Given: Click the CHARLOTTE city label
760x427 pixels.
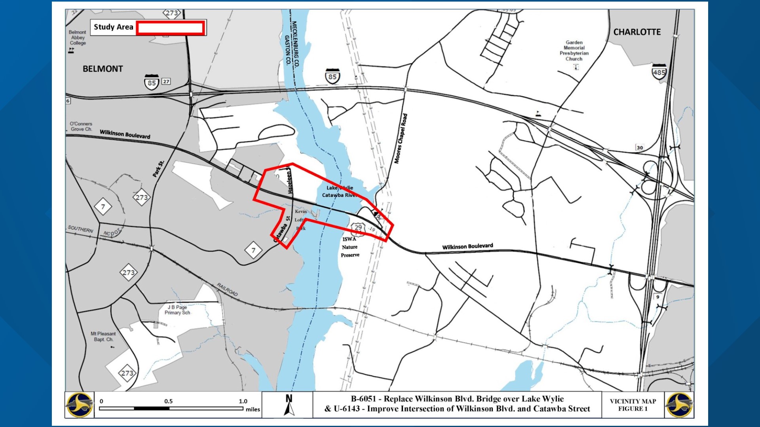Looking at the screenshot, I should pyautogui.click(x=637, y=32).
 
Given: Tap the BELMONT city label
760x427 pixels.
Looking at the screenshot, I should pyautogui.click(x=103, y=69).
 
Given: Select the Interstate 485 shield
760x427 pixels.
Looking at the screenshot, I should pyautogui.click(x=659, y=72).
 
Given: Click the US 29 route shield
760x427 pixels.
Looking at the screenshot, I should pyautogui.click(x=358, y=227).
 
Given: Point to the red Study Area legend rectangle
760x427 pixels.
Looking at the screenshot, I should pyautogui.click(x=170, y=28).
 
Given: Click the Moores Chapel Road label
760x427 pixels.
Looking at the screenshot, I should pyautogui.click(x=401, y=138).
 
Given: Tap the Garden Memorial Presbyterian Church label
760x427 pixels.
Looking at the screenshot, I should pyautogui.click(x=574, y=51).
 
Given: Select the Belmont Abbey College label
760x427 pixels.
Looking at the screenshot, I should pyautogui.click(x=77, y=38).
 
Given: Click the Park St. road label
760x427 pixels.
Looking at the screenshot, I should pyautogui.click(x=158, y=169).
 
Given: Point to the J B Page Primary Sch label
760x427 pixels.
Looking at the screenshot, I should pyautogui.click(x=177, y=310).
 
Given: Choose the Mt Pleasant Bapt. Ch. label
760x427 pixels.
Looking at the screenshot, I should pyautogui.click(x=103, y=336).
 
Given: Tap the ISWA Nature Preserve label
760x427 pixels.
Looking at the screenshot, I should pyautogui.click(x=350, y=247).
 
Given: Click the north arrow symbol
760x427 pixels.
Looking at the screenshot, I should pyautogui.click(x=289, y=405).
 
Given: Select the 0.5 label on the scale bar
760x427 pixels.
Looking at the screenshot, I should pyautogui.click(x=169, y=401).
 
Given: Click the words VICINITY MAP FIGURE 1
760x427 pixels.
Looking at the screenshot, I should pyautogui.click(x=633, y=405).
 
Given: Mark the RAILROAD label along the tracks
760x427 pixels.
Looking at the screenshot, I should pyautogui.click(x=227, y=290).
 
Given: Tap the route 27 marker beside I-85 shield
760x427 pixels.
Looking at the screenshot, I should pyautogui.click(x=166, y=81).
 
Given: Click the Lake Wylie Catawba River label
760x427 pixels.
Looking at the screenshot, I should pyautogui.click(x=339, y=191).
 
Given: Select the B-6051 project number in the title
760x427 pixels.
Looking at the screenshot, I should pyautogui.click(x=363, y=399).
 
